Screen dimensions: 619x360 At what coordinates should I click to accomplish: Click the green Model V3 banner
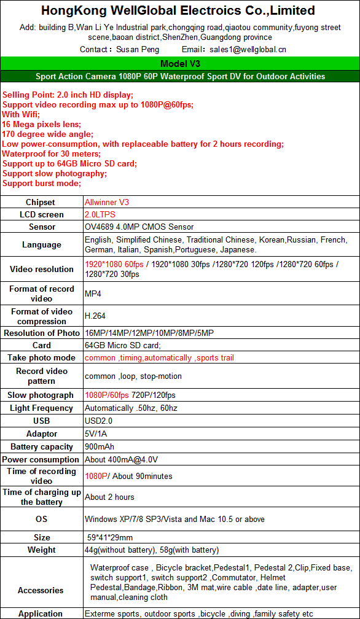[x=180, y=64]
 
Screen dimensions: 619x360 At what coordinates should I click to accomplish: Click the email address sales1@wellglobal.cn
[x=248, y=50]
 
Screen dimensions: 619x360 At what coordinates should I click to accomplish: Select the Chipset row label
[x=41, y=202]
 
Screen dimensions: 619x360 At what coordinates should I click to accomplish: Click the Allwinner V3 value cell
[x=107, y=202]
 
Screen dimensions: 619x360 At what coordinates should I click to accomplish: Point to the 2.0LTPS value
[x=100, y=214]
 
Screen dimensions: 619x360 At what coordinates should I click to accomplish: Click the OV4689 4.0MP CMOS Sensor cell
[x=139, y=227]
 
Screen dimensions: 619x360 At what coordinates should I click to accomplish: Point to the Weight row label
[x=41, y=550]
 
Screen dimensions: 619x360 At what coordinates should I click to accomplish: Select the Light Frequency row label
[x=41, y=408]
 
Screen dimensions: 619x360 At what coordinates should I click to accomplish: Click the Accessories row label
[x=41, y=590]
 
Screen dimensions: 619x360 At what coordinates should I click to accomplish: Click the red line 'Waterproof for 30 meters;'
[x=51, y=154]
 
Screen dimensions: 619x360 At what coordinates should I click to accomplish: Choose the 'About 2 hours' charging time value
[x=109, y=497]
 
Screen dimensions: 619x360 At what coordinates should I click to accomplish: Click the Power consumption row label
[x=41, y=459]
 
